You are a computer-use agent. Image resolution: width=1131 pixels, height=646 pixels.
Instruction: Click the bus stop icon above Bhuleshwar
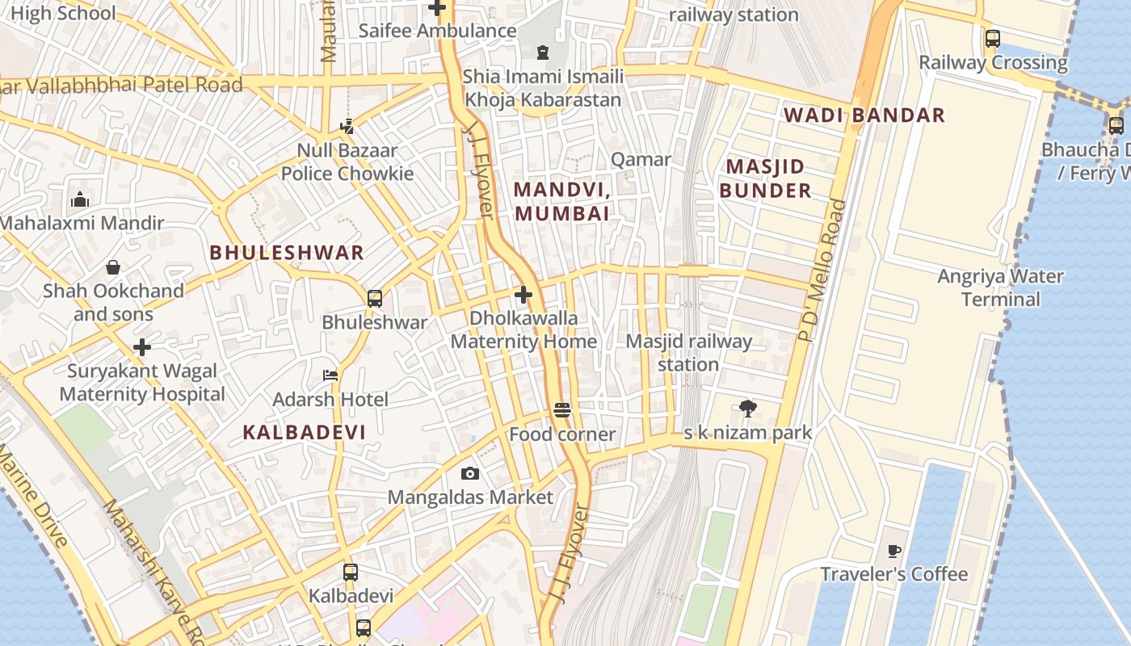pos(375,298)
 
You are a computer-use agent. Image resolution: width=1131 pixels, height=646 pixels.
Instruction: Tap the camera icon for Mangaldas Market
pos(469,473)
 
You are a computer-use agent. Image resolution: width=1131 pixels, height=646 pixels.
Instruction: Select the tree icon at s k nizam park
pos(748,409)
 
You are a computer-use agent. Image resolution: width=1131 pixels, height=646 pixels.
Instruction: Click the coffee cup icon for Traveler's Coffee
pos(893,551)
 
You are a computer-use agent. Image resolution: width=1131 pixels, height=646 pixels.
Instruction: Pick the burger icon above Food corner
pos(563,410)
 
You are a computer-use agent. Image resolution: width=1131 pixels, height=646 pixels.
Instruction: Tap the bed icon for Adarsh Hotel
pos(330,375)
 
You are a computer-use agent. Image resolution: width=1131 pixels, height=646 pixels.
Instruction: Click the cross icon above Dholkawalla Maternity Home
pos(523,295)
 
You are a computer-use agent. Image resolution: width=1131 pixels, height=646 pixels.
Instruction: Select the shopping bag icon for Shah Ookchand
pos(113,266)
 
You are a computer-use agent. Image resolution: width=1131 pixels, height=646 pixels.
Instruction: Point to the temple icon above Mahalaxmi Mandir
pos(80,199)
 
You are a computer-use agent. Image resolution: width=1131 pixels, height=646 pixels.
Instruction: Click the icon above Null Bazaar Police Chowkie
pos(347,126)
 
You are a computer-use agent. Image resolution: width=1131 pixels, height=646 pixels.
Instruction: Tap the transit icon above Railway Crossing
pos(992,38)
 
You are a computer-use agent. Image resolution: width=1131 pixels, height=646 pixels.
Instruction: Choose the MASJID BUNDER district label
pos(765,178)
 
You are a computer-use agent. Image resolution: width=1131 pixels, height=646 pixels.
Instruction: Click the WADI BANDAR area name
pos(864,115)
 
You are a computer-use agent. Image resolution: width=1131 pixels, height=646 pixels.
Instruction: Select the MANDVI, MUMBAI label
pos(561,201)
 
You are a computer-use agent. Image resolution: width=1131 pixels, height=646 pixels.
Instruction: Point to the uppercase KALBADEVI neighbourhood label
pos(305,432)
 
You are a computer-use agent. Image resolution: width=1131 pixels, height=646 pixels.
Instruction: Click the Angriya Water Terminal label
pos(1000,287)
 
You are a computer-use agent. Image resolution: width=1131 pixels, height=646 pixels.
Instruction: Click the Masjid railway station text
pos(688,353)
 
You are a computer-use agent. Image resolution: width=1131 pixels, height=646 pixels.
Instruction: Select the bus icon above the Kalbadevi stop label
pos(351,572)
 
